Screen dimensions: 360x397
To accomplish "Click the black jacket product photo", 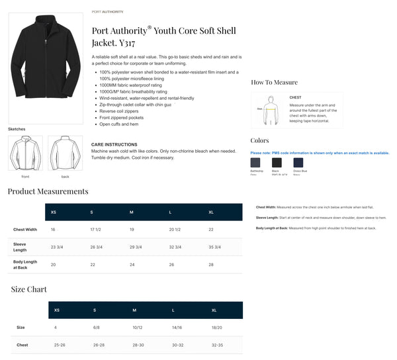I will tap(46, 66).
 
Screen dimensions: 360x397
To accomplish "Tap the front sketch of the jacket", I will tap(25, 153).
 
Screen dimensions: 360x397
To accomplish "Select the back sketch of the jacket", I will tap(65, 153).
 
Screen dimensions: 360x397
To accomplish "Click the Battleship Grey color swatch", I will tap(255, 163).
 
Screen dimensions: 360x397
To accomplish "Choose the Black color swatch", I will tap(277, 163).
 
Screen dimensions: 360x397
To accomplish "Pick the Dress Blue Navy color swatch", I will tap(298, 163).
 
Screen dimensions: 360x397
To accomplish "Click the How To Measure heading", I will tap(274, 82).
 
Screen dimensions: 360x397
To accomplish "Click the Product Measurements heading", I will tap(48, 191).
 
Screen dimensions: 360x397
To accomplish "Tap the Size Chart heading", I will tap(28, 289).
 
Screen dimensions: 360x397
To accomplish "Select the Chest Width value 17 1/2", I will tap(96, 230).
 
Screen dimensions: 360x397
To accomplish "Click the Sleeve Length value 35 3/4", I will tap(214, 247).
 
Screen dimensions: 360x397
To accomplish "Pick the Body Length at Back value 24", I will tap(132, 264).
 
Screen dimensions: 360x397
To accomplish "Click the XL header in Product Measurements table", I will tap(211, 212).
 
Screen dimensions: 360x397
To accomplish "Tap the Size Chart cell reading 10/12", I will tap(138, 328).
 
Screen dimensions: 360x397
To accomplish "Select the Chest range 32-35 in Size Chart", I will tap(217, 345).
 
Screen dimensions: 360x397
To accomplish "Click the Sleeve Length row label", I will tap(21, 247).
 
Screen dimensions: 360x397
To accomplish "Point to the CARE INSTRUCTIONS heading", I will tap(114, 144).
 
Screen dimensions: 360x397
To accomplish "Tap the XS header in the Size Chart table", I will tap(56, 310).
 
